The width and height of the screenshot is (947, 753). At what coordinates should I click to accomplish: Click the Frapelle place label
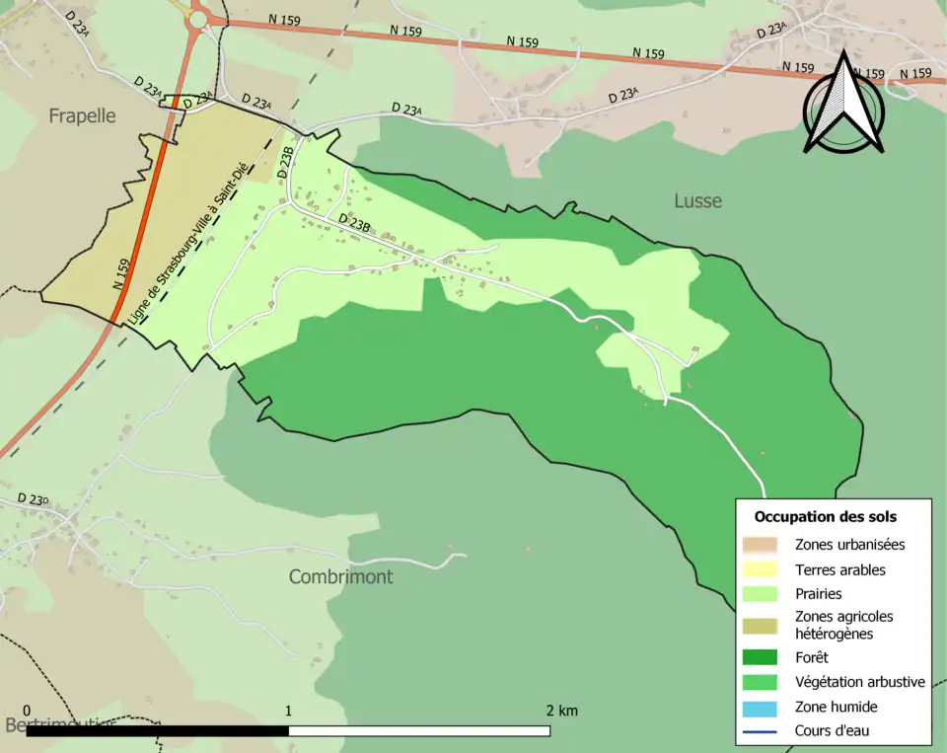(x=82, y=116)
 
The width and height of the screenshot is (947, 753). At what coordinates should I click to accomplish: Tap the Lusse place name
(x=697, y=201)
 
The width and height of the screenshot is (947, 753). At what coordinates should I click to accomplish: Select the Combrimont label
(x=340, y=576)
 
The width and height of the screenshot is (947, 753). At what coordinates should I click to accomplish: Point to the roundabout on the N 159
(x=198, y=18)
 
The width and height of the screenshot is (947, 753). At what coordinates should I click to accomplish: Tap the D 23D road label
(x=33, y=499)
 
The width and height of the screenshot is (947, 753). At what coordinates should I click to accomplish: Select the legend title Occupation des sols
(x=825, y=516)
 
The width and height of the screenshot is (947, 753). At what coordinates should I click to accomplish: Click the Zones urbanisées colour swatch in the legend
(x=761, y=544)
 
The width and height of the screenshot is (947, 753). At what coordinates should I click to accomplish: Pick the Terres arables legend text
(x=839, y=569)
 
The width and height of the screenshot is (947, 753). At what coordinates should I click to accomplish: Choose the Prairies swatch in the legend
(x=761, y=594)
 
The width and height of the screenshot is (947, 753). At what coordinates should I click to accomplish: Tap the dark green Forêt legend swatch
(x=761, y=657)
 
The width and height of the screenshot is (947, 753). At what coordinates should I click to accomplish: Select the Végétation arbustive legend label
(x=859, y=682)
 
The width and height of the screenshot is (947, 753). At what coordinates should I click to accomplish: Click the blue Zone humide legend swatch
(x=761, y=707)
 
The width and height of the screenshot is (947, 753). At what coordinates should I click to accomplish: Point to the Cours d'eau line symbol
(x=761, y=731)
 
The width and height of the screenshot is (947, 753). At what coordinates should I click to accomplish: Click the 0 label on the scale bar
(x=27, y=711)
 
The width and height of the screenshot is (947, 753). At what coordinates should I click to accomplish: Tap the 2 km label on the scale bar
(x=561, y=711)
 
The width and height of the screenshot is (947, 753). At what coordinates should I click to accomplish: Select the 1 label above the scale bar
(x=288, y=711)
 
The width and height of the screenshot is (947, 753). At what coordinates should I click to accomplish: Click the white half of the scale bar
(x=419, y=731)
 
